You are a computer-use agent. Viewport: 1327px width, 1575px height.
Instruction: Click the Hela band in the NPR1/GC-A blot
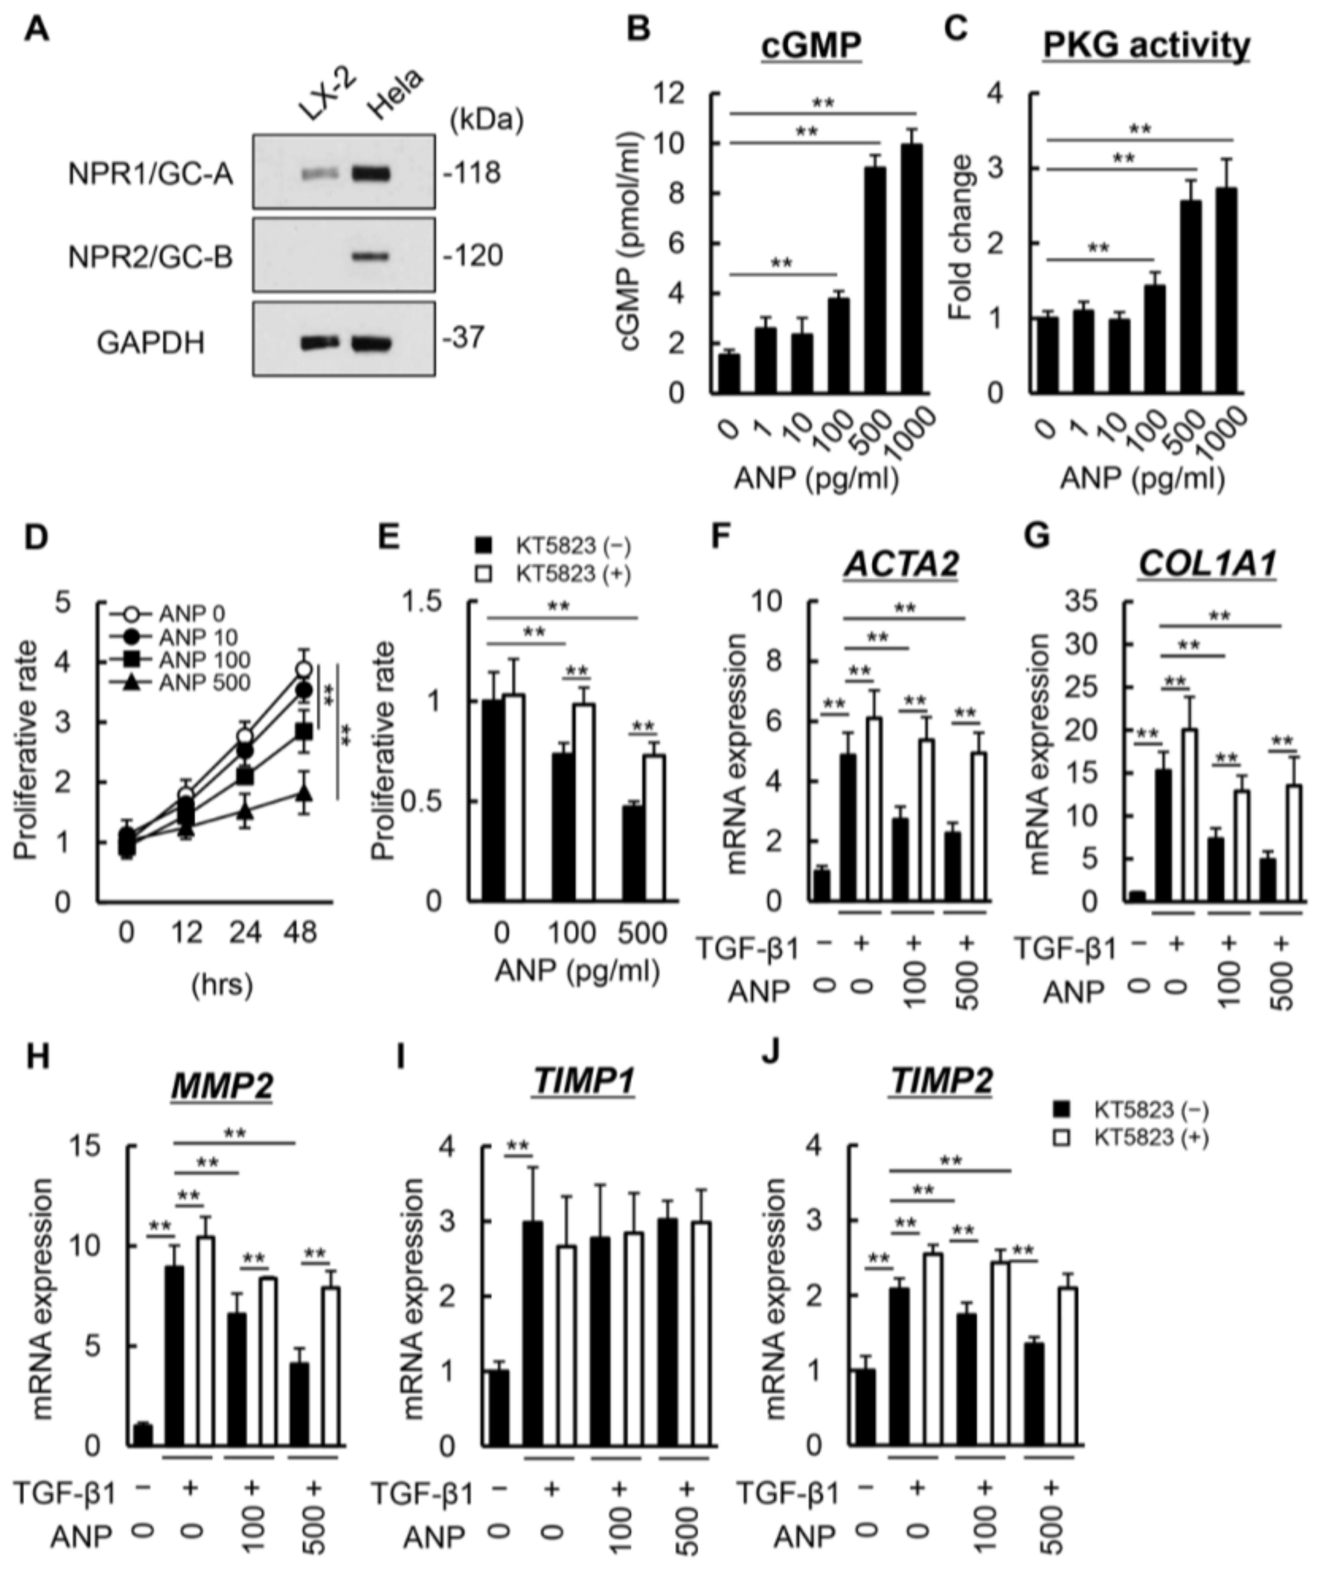371,174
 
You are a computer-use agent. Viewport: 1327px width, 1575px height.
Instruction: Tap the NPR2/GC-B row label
151,257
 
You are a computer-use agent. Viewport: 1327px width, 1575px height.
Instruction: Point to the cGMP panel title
810,45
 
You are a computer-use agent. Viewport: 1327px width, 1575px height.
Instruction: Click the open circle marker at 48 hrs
303,670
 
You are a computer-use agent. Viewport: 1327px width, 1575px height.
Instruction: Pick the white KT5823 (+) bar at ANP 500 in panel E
653,828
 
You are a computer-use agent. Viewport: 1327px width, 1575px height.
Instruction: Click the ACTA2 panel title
901,565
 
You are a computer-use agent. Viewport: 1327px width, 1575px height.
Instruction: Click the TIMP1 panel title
584,1081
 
